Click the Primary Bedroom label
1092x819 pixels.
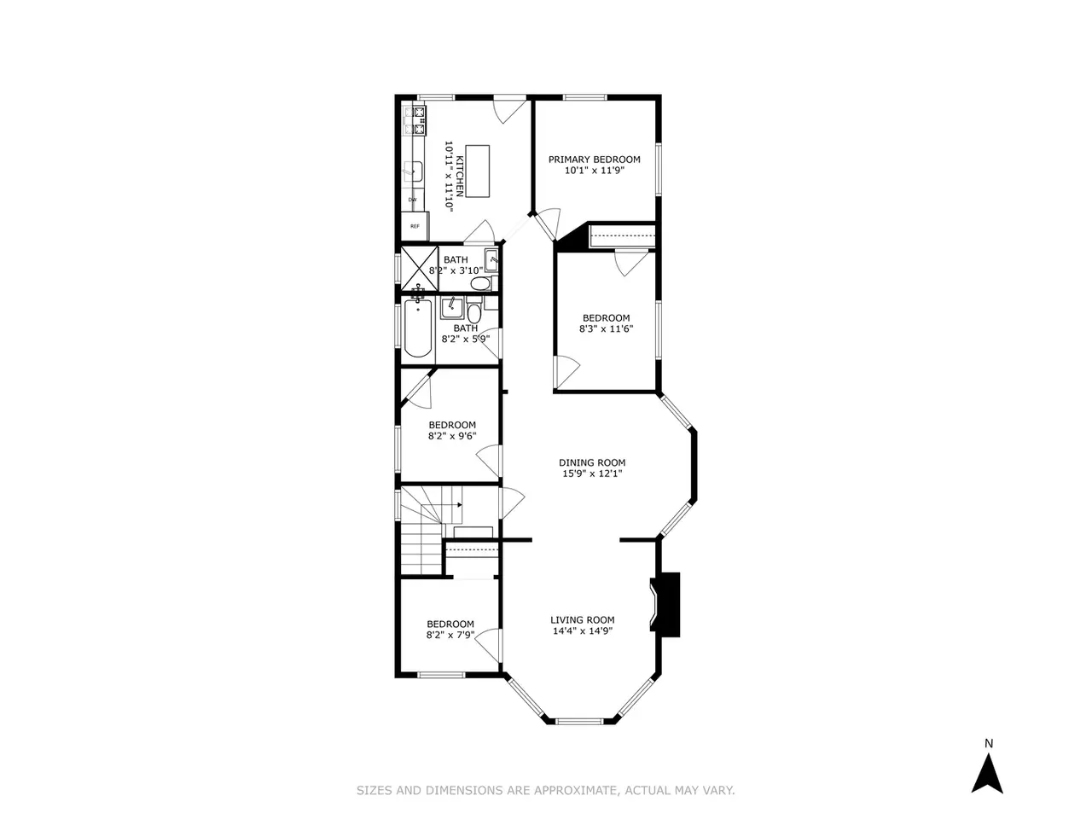594,160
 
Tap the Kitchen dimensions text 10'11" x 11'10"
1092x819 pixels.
449,177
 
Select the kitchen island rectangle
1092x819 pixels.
478,171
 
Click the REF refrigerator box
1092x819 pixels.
415,226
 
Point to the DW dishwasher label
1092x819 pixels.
412,200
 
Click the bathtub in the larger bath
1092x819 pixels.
418,328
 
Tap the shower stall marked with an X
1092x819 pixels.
420,268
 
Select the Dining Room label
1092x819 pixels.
592,463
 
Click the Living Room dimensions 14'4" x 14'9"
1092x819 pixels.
583,631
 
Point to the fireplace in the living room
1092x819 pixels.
665,605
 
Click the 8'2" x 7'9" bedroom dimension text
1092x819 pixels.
450,635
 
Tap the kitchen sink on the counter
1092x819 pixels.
412,171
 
